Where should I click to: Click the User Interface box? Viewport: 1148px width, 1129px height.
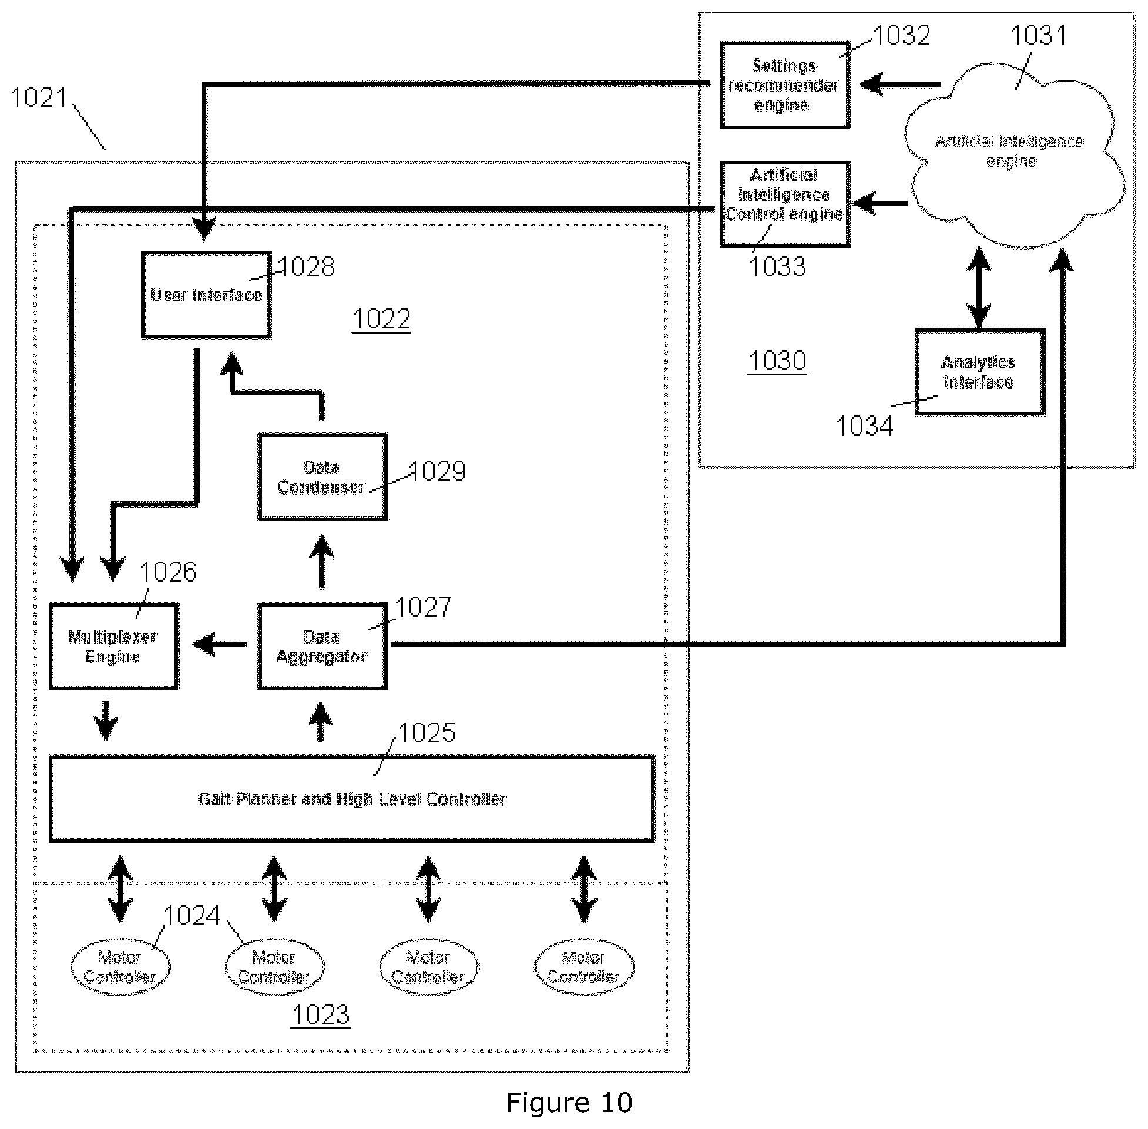tap(206, 295)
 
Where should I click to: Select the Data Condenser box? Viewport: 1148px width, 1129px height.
tap(322, 477)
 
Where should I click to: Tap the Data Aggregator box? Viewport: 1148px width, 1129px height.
tap(322, 646)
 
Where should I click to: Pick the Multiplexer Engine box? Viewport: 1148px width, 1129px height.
tap(113, 646)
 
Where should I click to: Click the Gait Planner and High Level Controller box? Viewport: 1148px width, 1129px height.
tap(352, 799)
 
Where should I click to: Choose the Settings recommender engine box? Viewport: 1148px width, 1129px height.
tap(784, 85)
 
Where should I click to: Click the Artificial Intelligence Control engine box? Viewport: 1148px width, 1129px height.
tap(784, 204)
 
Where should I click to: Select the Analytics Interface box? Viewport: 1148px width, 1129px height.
tap(979, 372)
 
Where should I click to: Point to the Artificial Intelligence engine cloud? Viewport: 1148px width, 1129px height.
tap(1014, 153)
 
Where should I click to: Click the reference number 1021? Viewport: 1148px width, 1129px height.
tap(40, 98)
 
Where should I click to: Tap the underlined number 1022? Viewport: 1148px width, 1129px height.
tap(381, 320)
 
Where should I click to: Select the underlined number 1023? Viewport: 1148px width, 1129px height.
tap(321, 1014)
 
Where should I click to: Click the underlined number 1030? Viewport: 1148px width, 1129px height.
tap(777, 361)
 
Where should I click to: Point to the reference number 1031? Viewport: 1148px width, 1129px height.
tap(1038, 36)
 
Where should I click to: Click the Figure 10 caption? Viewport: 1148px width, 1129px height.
tap(569, 1103)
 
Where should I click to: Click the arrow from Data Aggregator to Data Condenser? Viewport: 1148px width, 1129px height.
tap(322, 561)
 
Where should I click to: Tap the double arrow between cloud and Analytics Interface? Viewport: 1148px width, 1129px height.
tap(979, 288)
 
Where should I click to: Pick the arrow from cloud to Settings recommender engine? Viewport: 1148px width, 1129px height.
tap(900, 84)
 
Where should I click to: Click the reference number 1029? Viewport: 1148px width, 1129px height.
tap(438, 472)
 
